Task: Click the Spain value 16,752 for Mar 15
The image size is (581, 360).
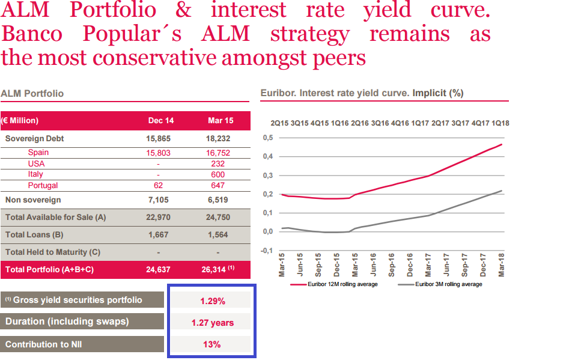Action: [x=217, y=153]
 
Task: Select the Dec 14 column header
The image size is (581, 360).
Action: [x=161, y=120]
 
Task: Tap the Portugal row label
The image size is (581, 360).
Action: [x=43, y=186]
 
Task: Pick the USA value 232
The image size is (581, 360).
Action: [x=217, y=163]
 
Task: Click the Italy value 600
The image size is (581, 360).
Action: [x=217, y=174]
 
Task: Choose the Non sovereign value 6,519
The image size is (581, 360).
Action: [x=217, y=200]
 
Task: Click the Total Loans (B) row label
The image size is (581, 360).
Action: [x=34, y=235]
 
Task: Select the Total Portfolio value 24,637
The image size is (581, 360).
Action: [x=159, y=270]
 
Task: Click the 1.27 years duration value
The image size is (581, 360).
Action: [x=213, y=323]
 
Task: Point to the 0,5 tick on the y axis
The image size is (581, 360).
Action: [x=268, y=138]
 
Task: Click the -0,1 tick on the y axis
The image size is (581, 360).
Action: [x=267, y=250]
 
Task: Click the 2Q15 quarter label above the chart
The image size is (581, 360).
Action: [x=279, y=123]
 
